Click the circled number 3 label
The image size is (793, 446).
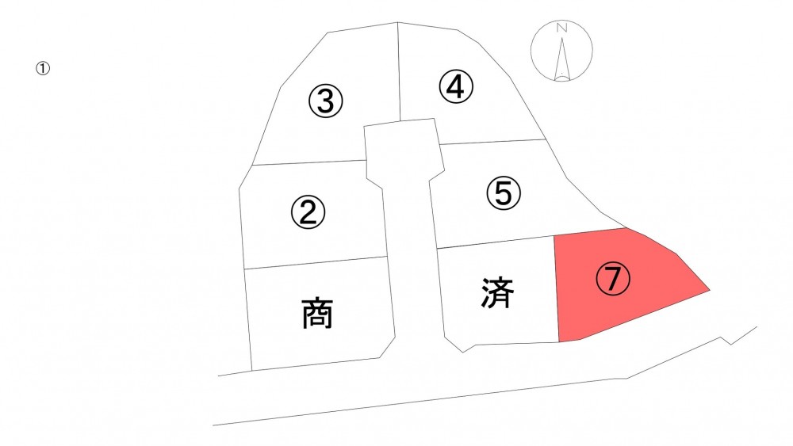(326, 101)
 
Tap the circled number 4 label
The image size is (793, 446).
(456, 86)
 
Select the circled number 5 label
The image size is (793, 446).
(504, 193)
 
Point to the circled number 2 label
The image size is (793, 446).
(308, 212)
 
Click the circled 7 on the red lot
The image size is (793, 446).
(613, 278)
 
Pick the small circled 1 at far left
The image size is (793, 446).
(43, 68)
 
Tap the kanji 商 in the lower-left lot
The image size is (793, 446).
(317, 314)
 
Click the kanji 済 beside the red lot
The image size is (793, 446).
(498, 293)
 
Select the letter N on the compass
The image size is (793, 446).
(561, 28)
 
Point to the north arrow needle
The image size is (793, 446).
(562, 59)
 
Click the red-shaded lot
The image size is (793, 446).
(622, 285)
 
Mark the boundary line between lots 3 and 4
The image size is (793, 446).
(399, 72)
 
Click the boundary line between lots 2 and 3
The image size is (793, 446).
(309, 162)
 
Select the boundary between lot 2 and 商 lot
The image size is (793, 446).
(316, 263)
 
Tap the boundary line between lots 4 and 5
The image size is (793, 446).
(493, 142)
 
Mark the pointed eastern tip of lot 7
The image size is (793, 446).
(710, 291)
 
